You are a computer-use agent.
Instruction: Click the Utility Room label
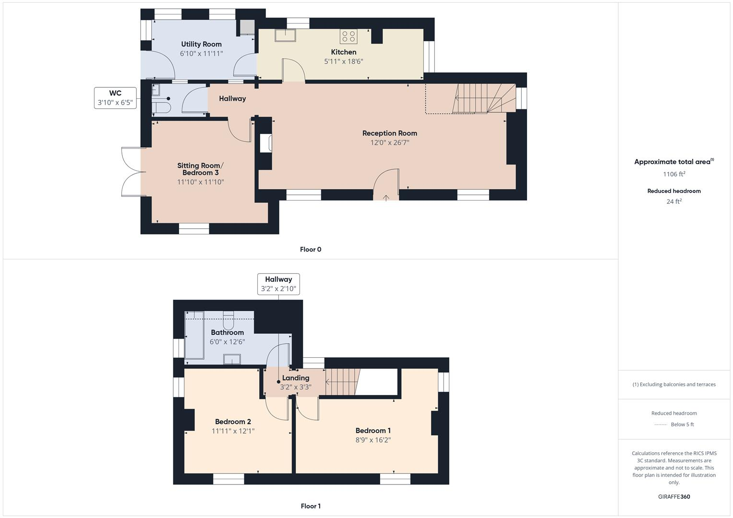[201, 44]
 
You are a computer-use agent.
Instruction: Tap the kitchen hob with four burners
[348, 36]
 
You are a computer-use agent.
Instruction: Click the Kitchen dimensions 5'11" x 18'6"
[344, 61]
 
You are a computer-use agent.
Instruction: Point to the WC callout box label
[115, 94]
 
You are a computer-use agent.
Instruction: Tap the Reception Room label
[389, 133]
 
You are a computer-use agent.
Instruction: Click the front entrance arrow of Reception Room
[386, 197]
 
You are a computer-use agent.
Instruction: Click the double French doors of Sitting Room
[131, 172]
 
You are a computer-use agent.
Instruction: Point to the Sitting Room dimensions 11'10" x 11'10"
[201, 182]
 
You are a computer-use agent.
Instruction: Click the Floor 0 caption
[311, 249]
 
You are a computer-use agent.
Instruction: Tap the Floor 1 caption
[311, 506]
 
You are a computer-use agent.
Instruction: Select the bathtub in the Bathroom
[195, 336]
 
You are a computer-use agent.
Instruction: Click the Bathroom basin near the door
[232, 359]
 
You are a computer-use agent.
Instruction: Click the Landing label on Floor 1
[296, 378]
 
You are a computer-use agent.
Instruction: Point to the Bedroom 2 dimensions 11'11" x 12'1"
[233, 431]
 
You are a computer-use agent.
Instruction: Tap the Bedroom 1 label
[373, 431]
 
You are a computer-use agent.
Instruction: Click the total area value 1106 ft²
[674, 174]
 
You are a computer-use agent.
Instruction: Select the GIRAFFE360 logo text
[674, 496]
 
